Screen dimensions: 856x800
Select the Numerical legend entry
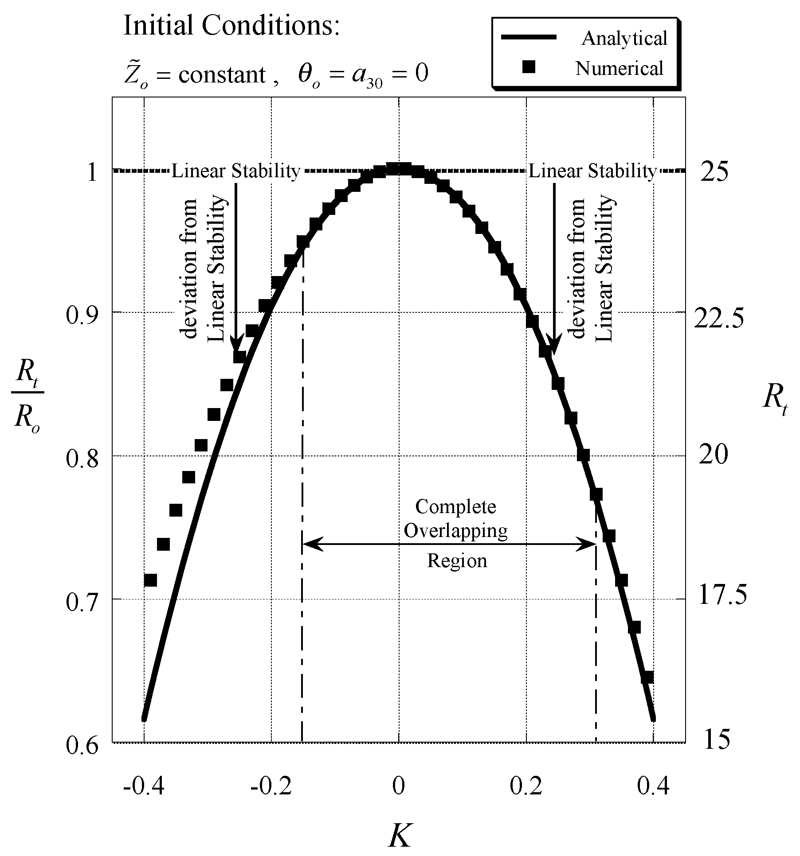coord(619,69)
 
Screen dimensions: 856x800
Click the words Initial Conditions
coord(231,26)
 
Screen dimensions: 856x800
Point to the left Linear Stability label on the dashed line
coord(236,171)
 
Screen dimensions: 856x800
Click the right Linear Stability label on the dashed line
coord(592,171)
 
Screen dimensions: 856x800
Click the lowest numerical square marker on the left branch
coord(150,580)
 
